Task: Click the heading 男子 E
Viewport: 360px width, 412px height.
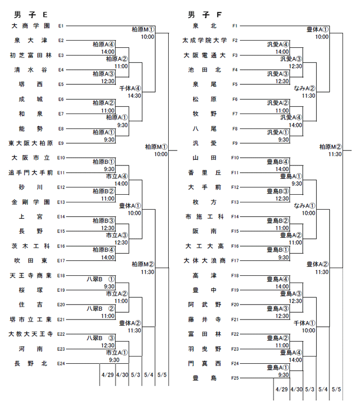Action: (30, 15)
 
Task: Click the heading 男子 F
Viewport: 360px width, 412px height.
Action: (205, 15)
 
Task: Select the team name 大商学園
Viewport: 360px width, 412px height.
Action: (31, 26)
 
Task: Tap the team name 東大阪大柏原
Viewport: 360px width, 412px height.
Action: (31, 143)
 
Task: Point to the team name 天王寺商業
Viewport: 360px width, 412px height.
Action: (31, 276)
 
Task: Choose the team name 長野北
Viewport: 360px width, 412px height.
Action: (31, 364)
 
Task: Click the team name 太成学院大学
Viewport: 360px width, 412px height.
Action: (205, 41)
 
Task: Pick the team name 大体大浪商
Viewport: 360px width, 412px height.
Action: (205, 260)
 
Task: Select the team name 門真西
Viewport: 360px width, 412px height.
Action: (205, 364)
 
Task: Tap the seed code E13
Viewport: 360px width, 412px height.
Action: (61, 202)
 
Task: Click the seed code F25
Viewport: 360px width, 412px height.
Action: (235, 378)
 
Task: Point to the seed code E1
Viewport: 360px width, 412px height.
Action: (61, 26)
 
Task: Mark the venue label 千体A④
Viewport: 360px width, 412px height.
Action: (130, 88)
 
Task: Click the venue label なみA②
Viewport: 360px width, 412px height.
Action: (304, 88)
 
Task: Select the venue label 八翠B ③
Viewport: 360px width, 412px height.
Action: (101, 338)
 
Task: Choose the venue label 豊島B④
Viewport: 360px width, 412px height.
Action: (278, 162)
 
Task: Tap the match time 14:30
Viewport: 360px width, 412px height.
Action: (134, 96)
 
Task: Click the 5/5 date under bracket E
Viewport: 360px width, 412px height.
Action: (162, 374)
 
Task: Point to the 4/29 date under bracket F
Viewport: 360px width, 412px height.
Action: (282, 389)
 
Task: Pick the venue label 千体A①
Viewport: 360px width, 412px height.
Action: (304, 323)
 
